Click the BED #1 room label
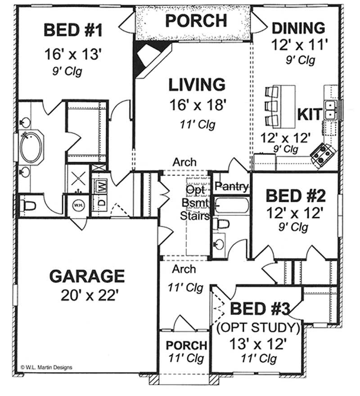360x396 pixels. click(73, 30)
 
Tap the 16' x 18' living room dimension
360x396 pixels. click(197, 105)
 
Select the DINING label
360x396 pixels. click(298, 28)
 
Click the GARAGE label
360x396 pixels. click(87, 276)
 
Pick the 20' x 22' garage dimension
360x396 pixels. click(90, 295)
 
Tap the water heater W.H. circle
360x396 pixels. click(79, 205)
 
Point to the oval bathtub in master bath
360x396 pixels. click(31, 147)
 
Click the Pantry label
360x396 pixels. click(232, 187)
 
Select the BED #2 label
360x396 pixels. click(296, 196)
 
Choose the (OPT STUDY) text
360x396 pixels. click(259, 328)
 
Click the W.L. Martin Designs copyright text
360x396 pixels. click(46, 368)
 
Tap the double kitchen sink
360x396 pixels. click(330, 109)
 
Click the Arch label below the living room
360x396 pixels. click(184, 162)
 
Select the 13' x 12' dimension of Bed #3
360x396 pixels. click(258, 344)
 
